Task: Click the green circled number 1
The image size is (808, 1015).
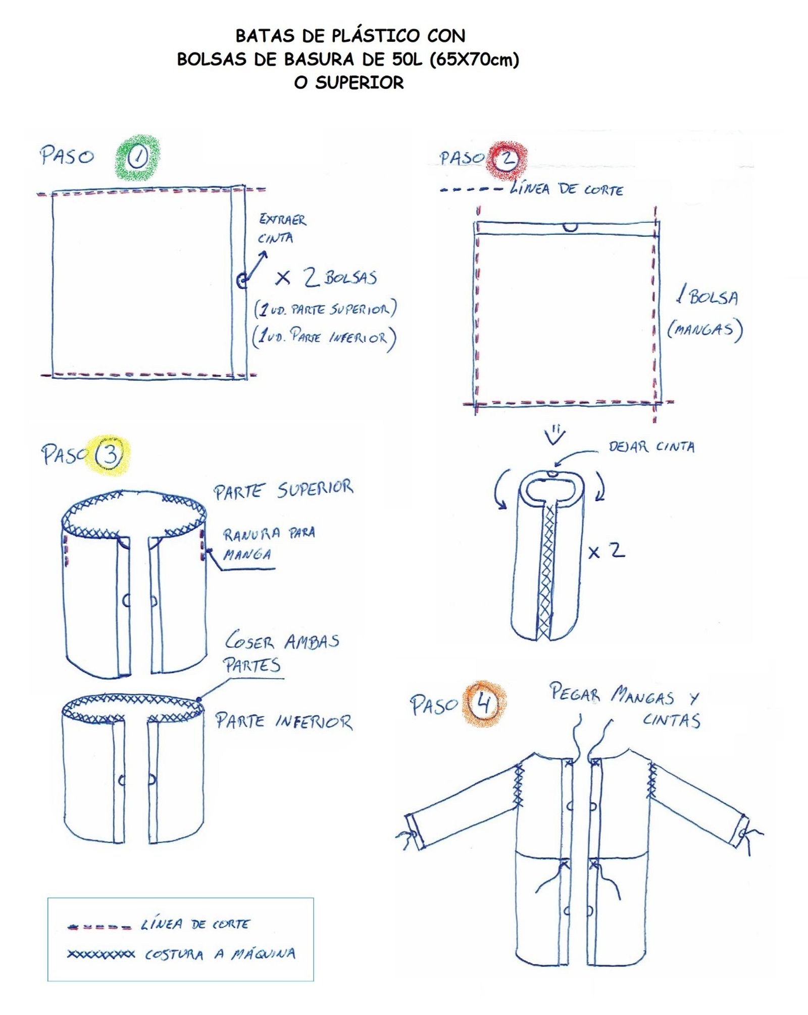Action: click(x=137, y=158)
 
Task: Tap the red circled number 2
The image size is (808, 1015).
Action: click(x=507, y=160)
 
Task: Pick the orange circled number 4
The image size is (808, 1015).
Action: click(x=484, y=703)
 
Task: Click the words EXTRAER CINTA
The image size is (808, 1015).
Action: click(x=282, y=228)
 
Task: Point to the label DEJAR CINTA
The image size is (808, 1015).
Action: click(x=651, y=447)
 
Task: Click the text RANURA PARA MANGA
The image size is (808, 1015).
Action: click(x=269, y=544)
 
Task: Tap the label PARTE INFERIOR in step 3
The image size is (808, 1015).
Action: click(x=284, y=721)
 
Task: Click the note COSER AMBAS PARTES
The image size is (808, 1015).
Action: click(x=281, y=652)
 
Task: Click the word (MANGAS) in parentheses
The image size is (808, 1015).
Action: click(x=705, y=329)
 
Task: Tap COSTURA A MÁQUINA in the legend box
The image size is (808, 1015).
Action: click(x=220, y=954)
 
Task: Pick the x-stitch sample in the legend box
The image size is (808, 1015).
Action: click(x=101, y=954)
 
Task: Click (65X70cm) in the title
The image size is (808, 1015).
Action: click(x=474, y=60)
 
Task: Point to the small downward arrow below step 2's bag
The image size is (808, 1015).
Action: click(x=555, y=436)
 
